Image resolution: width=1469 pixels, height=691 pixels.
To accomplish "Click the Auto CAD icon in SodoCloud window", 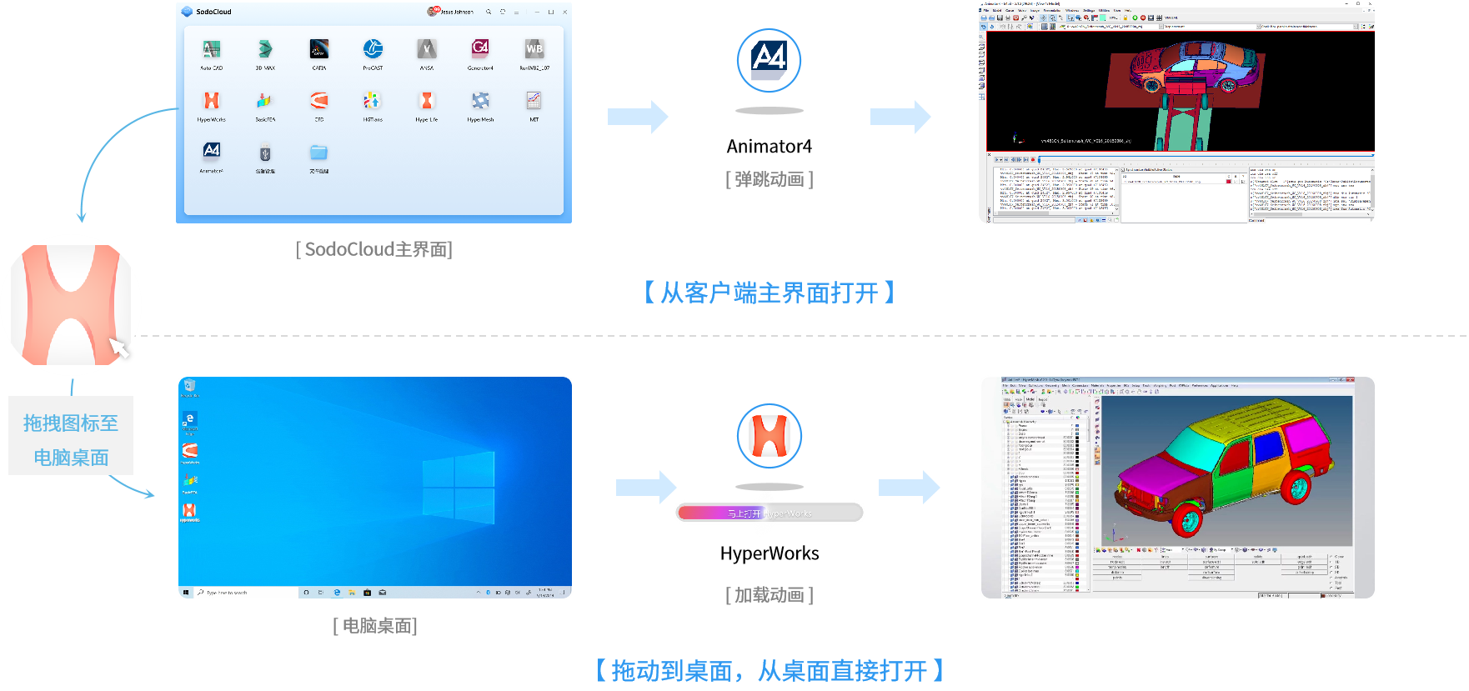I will (x=212, y=50).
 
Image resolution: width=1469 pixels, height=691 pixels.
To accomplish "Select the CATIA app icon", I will (x=319, y=49).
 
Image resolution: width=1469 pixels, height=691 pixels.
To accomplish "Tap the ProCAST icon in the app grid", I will (x=373, y=49).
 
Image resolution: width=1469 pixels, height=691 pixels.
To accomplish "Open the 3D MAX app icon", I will (x=265, y=49).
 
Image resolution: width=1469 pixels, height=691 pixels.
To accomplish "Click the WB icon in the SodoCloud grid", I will (x=534, y=49).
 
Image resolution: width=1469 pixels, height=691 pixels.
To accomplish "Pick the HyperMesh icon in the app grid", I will (x=480, y=101).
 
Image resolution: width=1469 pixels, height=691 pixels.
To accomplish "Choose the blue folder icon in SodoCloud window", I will (x=318, y=153).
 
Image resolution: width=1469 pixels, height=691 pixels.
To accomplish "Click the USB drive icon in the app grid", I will (x=265, y=153).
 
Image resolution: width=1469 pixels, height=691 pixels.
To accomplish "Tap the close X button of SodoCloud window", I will (x=565, y=13).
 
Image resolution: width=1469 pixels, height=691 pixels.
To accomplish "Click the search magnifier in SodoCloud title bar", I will (x=489, y=13).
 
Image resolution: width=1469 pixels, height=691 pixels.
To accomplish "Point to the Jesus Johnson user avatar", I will (x=433, y=12).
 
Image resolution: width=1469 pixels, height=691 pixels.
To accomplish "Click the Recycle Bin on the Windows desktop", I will (x=189, y=386).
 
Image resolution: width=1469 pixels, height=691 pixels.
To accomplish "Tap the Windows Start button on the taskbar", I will (x=186, y=593).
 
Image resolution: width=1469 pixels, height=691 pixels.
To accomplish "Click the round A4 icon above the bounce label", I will (x=769, y=59).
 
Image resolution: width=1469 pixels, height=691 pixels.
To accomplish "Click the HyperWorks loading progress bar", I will (x=769, y=513).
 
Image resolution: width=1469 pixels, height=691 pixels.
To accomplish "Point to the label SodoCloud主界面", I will (x=374, y=249).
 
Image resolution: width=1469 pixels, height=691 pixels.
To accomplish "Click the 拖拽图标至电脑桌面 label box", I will (x=71, y=439).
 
